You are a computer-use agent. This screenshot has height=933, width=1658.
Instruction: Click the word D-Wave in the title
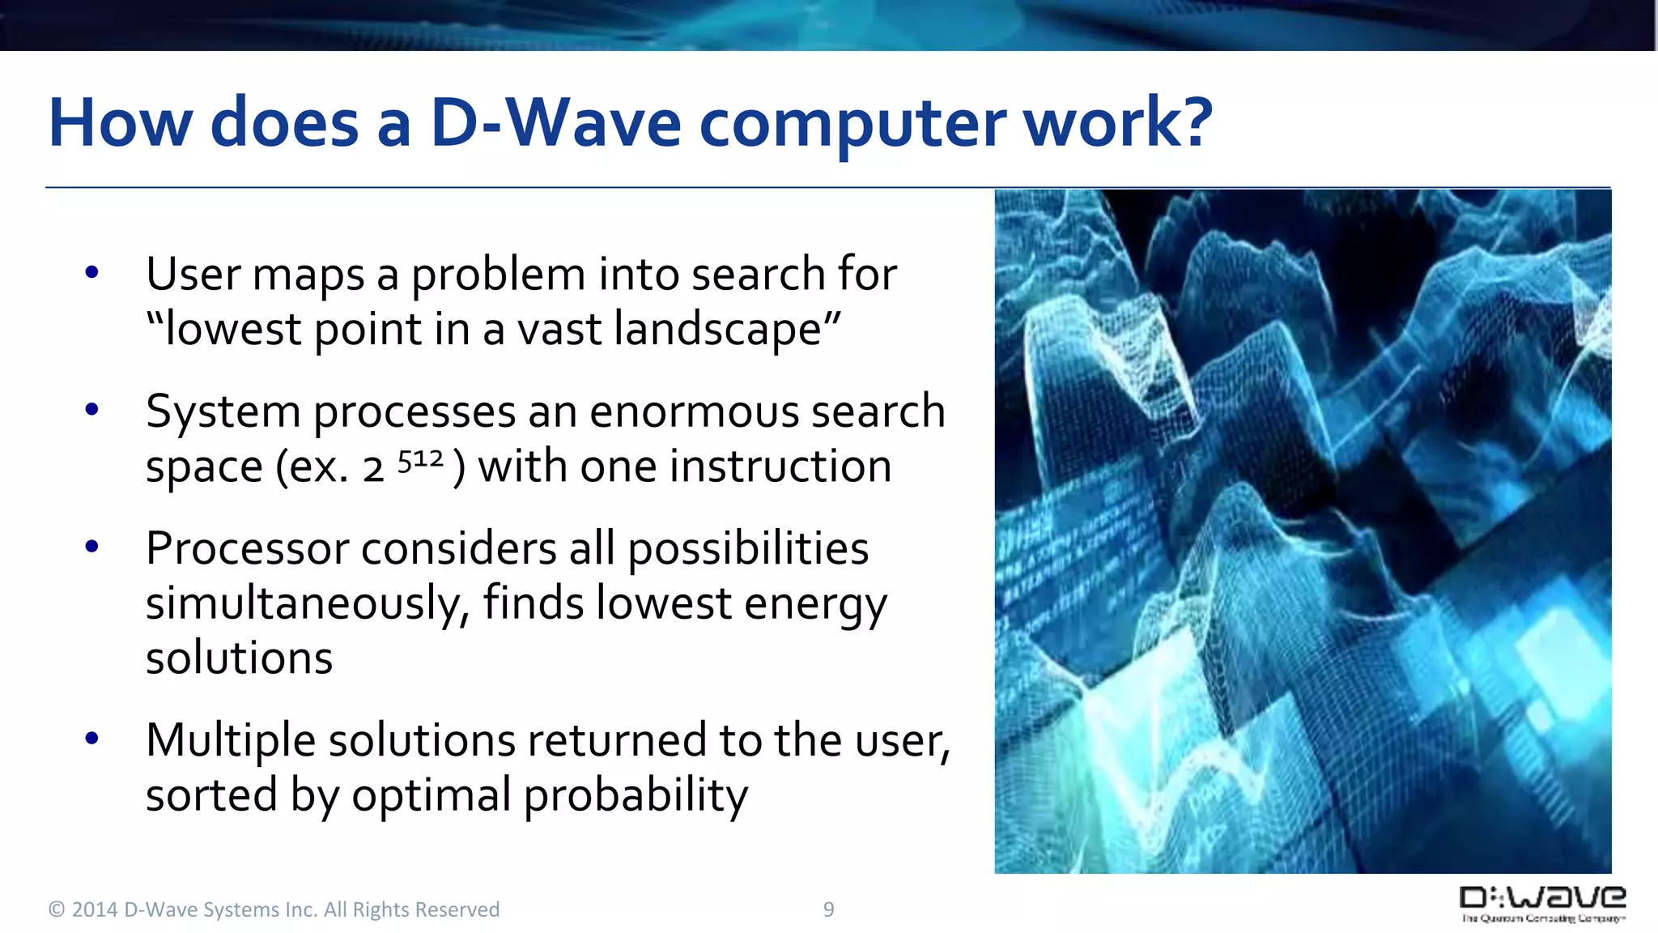pyautogui.click(x=555, y=123)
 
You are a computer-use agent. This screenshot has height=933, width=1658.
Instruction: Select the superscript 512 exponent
pyautogui.click(x=420, y=461)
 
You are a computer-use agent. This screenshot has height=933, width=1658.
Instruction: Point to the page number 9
pyautogui.click(x=828, y=910)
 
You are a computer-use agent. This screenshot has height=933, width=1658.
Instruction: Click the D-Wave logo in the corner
pyautogui.click(x=1542, y=897)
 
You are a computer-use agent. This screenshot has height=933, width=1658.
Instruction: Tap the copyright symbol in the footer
pyautogui.click(x=56, y=910)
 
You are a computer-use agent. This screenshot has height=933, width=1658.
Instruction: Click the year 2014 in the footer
pyautogui.click(x=95, y=910)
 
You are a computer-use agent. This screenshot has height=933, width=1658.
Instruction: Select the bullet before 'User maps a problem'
pyautogui.click(x=91, y=272)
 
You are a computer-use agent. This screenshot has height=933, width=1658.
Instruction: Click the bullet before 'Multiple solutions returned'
pyautogui.click(x=91, y=738)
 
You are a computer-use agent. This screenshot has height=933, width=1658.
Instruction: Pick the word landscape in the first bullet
pyautogui.click(x=717, y=330)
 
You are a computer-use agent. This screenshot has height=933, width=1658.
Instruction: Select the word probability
pyautogui.click(x=636, y=795)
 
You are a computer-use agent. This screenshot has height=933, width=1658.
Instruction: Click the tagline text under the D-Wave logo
pyautogui.click(x=1543, y=918)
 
